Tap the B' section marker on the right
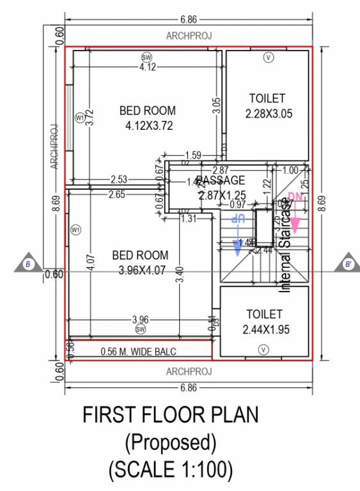click(x=348, y=264)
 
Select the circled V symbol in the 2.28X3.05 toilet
click(x=269, y=58)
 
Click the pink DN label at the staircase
click(x=295, y=197)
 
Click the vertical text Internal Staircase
click(x=285, y=245)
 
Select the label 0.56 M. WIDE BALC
click(x=138, y=352)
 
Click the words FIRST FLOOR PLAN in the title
click(x=171, y=416)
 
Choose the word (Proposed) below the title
click(x=171, y=442)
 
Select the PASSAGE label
click(x=221, y=180)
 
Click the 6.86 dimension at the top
click(x=188, y=13)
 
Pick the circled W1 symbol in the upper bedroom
click(x=80, y=118)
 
